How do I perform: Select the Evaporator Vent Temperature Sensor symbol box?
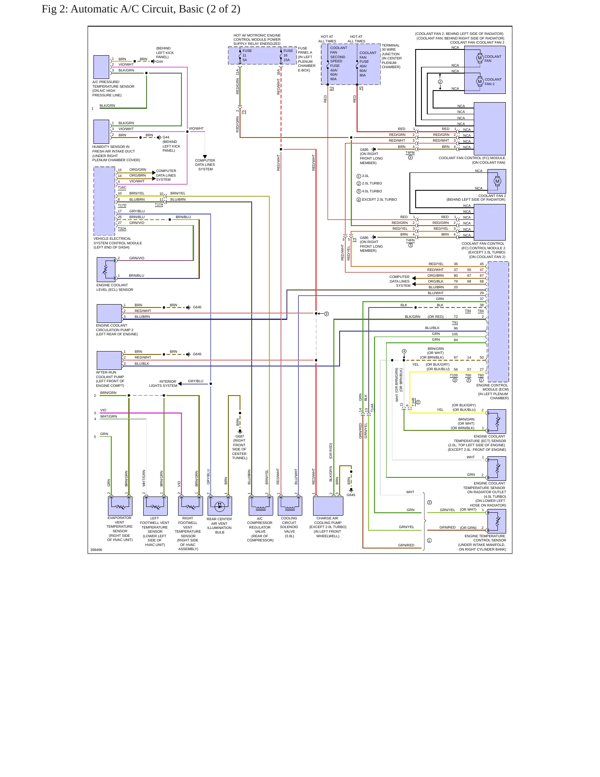120,506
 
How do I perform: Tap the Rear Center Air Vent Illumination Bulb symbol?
220,506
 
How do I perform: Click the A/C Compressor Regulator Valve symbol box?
261,506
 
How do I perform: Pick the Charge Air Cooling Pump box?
328,506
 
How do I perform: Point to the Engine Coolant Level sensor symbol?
106,270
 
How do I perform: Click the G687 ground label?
240,436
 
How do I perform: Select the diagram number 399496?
96,550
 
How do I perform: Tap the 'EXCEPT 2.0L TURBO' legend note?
379,199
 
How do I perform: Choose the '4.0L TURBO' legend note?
372,191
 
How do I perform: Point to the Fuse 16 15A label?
288,55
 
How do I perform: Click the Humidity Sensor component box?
101,132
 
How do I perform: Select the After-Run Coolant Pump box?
109,360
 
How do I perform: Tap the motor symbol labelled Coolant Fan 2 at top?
480,81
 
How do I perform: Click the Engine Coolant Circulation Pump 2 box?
109,313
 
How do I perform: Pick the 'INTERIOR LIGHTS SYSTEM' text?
163,384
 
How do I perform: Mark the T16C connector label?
122,188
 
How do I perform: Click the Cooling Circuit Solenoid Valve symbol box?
290,506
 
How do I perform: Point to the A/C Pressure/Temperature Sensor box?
101,67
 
